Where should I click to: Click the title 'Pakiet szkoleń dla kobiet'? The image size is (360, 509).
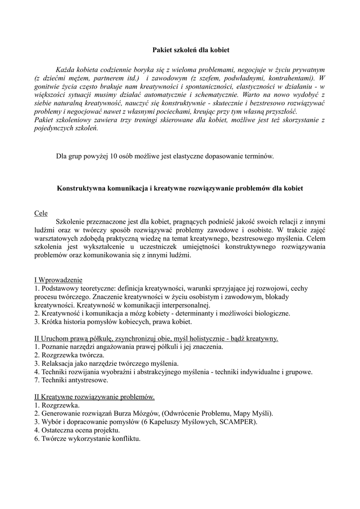pos(190,50)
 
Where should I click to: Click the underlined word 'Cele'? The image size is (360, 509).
pos(41,213)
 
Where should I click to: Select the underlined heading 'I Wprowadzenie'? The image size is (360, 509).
pos(58,279)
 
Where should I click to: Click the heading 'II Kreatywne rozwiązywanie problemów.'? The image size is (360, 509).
pos(94,397)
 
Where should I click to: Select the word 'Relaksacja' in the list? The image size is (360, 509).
pos(58,363)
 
